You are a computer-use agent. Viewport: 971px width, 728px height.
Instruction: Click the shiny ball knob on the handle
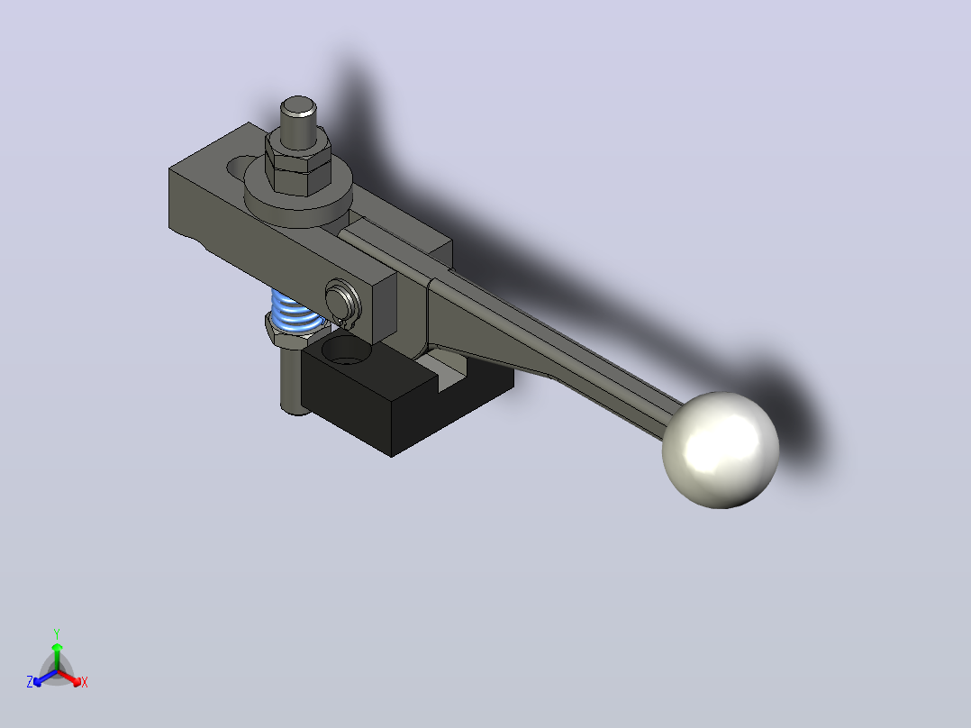point(721,450)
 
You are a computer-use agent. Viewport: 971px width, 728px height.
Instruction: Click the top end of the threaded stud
point(298,106)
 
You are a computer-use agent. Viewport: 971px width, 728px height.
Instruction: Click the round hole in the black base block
point(346,350)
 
